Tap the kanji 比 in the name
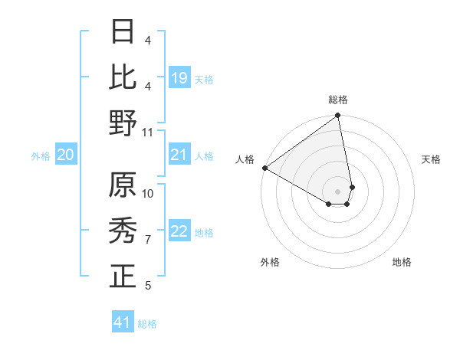click(123, 77)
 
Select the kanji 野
click(123, 123)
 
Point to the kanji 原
click(123, 185)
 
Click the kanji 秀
click(123, 231)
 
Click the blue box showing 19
click(179, 78)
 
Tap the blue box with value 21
click(179, 155)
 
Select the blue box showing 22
click(179, 232)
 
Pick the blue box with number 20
click(65, 155)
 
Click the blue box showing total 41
click(123, 322)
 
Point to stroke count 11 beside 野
click(148, 132)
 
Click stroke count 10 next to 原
click(148, 193)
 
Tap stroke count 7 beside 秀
click(148, 240)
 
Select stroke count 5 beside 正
click(148, 286)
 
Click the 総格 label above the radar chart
click(338, 100)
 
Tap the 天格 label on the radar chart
click(431, 159)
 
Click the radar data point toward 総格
click(338, 116)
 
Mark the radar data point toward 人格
click(264, 168)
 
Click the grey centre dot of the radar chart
click(338, 191)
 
